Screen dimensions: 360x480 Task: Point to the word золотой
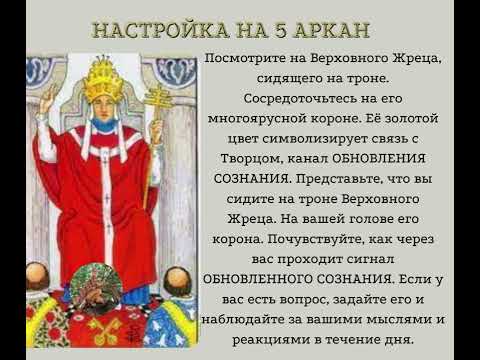click(421, 122)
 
